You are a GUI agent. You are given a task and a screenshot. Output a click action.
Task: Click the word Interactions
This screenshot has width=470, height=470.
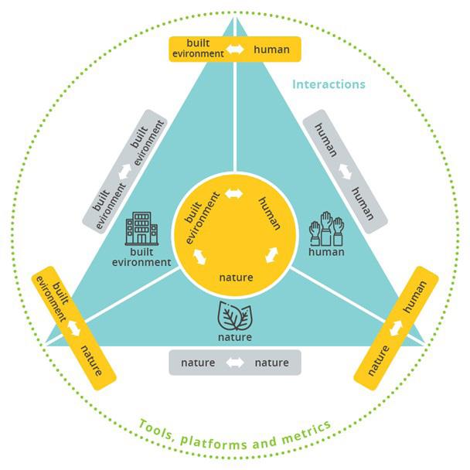tap(329, 83)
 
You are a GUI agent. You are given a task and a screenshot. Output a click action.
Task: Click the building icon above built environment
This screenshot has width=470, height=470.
tap(141, 230)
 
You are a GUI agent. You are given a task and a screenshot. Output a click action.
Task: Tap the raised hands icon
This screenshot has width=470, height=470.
tap(325, 230)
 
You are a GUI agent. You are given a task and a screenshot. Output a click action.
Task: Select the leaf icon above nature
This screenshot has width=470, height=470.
tap(234, 316)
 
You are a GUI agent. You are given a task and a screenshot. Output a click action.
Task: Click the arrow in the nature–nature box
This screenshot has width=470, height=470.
tap(234, 363)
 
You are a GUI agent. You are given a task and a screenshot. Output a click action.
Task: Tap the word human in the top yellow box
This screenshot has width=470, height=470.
tap(271, 50)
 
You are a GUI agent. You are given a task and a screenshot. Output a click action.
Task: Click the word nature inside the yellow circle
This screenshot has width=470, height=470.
tap(234, 277)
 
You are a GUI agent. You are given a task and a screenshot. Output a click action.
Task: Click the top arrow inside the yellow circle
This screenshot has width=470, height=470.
tap(234, 192)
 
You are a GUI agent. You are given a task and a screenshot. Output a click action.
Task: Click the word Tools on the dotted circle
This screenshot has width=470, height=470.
tap(157, 430)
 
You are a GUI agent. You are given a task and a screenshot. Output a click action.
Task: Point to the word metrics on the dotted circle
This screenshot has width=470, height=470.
tap(306, 428)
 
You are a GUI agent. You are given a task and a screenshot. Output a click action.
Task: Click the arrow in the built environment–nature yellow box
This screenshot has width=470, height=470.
tap(75, 327)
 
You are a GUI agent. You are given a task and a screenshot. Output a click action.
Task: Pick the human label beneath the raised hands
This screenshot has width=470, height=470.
tap(325, 251)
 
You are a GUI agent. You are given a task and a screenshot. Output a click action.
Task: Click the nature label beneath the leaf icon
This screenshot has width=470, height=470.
tap(234, 337)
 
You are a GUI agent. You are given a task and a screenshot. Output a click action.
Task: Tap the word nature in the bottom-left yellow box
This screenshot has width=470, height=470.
tap(91, 357)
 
